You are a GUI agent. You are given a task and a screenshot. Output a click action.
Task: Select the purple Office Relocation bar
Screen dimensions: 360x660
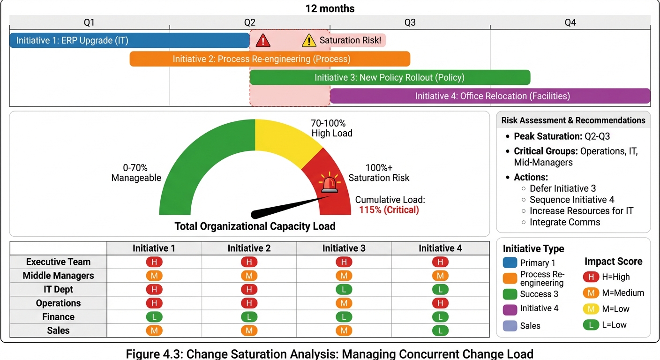point(490,96)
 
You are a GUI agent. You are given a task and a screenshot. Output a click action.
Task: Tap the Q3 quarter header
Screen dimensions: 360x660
point(410,22)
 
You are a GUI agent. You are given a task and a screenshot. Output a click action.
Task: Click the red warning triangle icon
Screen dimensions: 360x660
point(263,41)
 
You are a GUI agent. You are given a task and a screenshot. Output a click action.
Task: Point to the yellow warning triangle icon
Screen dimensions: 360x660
point(309,41)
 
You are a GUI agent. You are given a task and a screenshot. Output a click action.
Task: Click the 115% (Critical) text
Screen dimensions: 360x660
point(389,210)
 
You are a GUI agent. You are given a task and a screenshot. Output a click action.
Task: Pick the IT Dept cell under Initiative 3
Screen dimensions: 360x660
point(344,290)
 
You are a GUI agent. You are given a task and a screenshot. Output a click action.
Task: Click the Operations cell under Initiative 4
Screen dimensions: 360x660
point(440,303)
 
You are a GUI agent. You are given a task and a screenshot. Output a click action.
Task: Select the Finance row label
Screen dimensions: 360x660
point(58,317)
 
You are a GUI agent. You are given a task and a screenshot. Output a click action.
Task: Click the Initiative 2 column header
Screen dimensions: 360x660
point(249,248)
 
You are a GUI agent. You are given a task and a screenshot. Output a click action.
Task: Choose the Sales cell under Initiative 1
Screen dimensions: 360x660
point(154,330)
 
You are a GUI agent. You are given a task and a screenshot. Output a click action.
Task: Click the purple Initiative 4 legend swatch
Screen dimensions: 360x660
point(510,308)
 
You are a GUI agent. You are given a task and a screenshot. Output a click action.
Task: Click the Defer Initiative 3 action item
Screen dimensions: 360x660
point(562,188)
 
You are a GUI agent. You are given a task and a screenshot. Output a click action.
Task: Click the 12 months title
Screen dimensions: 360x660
point(330,8)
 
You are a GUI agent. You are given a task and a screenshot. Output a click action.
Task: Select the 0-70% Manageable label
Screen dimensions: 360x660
point(136,172)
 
